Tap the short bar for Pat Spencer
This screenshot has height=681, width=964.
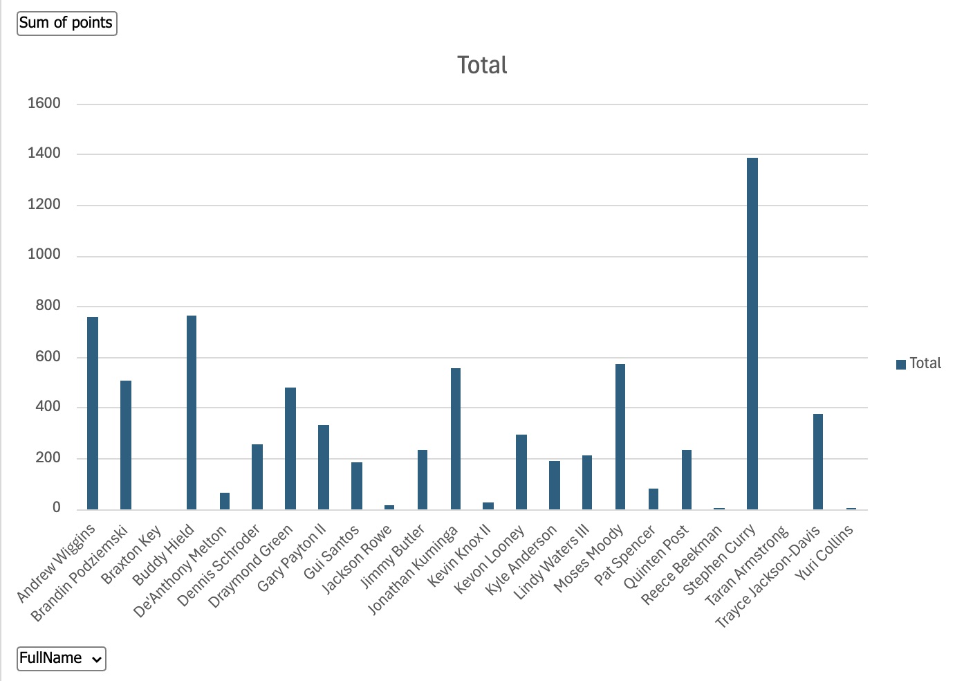pyautogui.click(x=654, y=499)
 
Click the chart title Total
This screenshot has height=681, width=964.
pyautogui.click(x=482, y=65)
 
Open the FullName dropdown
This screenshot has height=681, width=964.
pyautogui.click(x=61, y=658)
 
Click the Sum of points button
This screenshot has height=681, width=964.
pyautogui.click(x=66, y=23)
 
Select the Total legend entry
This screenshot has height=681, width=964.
pyautogui.click(x=918, y=364)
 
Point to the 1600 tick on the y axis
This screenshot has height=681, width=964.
pyautogui.click(x=44, y=104)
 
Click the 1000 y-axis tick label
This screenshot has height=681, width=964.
pyautogui.click(x=44, y=255)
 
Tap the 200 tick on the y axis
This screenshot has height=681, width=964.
pyautogui.click(x=48, y=457)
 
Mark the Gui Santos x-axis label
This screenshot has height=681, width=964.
pyautogui.click(x=332, y=552)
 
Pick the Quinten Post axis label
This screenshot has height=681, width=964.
pyautogui.click(x=656, y=557)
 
